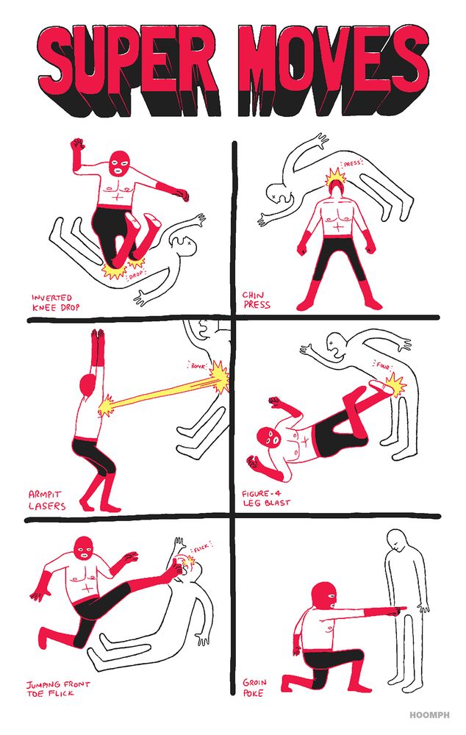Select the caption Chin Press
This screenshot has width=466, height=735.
coord(257,301)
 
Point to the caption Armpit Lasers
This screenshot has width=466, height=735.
coord(47,501)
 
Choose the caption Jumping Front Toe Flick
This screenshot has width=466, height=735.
coord(58,688)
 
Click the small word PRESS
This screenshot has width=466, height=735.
coord(353,165)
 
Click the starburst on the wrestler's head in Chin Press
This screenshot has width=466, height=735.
coord(337,179)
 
